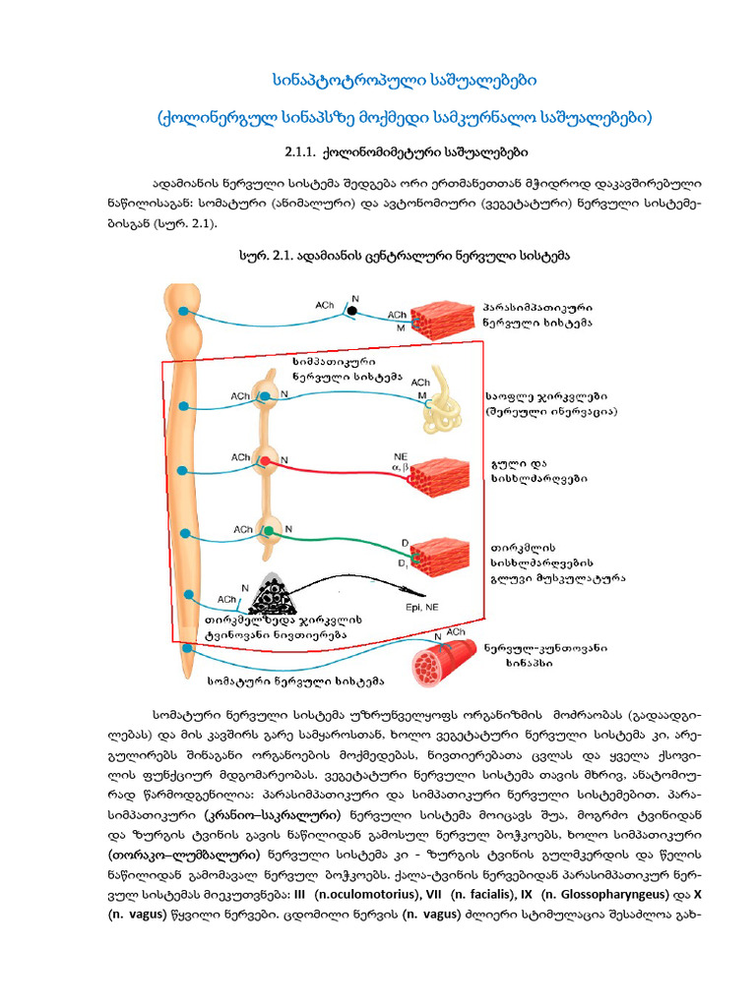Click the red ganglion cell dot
(264, 460)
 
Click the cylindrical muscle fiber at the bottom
(438, 658)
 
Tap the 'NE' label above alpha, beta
(400, 456)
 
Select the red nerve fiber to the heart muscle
(335, 466)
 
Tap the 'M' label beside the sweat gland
(421, 395)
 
